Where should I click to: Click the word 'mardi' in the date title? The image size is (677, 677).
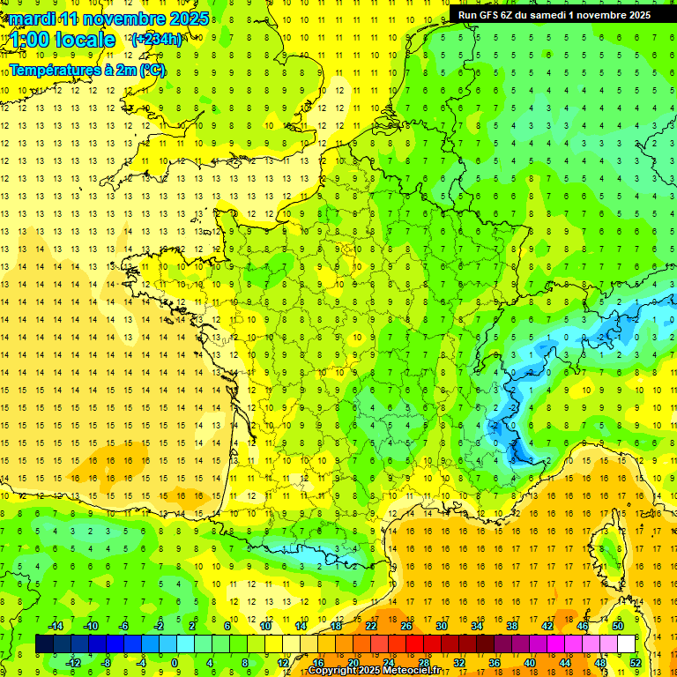click(30, 19)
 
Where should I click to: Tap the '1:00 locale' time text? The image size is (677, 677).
click(63, 40)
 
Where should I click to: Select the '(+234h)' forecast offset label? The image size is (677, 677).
click(157, 40)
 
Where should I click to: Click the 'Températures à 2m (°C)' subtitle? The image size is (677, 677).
click(87, 70)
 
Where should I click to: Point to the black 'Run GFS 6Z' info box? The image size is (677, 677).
click(554, 15)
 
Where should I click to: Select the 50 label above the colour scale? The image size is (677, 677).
click(617, 626)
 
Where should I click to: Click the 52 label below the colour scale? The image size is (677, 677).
click(636, 662)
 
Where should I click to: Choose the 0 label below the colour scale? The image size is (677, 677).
click(175, 662)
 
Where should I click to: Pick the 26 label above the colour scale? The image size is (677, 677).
click(406, 626)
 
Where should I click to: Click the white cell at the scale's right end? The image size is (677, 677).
click(627, 644)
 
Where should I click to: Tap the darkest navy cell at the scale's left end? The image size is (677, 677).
click(44, 644)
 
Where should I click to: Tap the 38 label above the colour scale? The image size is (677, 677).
click(512, 626)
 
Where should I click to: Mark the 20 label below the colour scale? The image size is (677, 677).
click(353, 662)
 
